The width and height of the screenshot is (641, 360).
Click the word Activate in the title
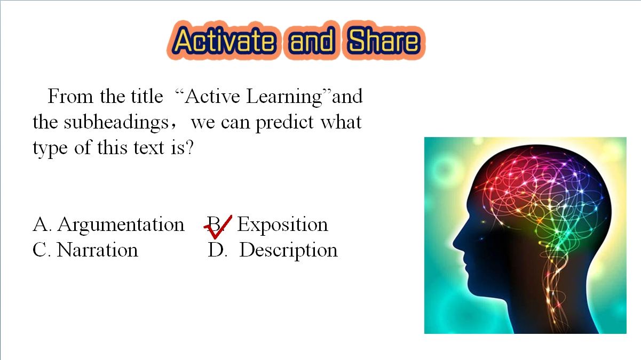[224, 41]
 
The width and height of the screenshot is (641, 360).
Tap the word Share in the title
[383, 41]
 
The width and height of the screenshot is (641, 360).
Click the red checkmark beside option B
[218, 227]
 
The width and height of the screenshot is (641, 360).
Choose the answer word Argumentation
[121, 225]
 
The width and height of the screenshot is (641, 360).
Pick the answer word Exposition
[282, 225]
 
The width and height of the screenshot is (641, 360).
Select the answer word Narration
[98, 250]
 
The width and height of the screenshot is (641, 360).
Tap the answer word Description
[288, 251]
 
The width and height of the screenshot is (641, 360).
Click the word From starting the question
[70, 97]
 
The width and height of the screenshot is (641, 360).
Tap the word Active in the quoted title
[212, 97]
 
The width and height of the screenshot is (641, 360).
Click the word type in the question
[50, 149]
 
